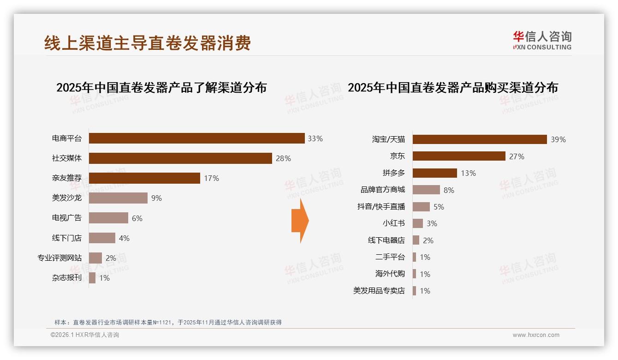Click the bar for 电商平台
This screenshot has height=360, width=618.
tap(196, 138)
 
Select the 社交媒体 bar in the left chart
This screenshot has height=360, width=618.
tap(180, 158)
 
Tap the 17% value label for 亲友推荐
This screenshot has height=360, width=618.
tap(211, 178)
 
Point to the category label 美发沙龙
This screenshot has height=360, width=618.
tap(67, 198)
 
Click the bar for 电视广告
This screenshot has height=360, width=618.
tap(108, 218)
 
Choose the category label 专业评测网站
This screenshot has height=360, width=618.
tap(59, 258)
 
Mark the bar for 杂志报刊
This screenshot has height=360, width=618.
tap(92, 278)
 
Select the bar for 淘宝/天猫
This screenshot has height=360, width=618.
tap(480, 139)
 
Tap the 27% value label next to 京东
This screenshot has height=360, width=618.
tap(517, 156)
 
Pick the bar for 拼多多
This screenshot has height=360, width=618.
tap(434, 173)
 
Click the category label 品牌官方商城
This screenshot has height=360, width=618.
tap(382, 190)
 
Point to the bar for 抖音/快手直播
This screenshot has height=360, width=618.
tap(421, 207)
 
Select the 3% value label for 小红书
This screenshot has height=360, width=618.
tap(432, 223)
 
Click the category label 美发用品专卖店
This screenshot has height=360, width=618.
tap(379, 291)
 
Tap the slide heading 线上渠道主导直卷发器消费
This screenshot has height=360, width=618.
tap(148, 43)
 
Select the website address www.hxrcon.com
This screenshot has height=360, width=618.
tap(536, 335)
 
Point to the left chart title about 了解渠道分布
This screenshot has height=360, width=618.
tap(161, 88)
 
